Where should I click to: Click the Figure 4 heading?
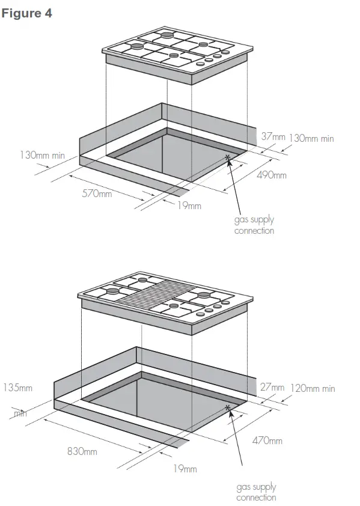pyautogui.click(x=27, y=13)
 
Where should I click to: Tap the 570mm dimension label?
pyautogui.click(x=97, y=194)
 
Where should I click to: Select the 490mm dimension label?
pyautogui.click(x=272, y=175)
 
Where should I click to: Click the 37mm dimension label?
pyautogui.click(x=273, y=137)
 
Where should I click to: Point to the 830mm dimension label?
pyautogui.click(x=82, y=451)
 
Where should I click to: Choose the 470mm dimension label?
pyautogui.click(x=267, y=441)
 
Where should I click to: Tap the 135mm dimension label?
pyautogui.click(x=18, y=388)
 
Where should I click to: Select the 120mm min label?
pyautogui.click(x=313, y=388)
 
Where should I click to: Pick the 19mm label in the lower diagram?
pyautogui.click(x=185, y=469)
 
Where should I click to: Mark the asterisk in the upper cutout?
pyautogui.click(x=228, y=158)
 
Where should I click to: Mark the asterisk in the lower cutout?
pyautogui.click(x=228, y=409)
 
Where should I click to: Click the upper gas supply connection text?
pyautogui.click(x=254, y=225)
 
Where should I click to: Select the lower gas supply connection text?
pyautogui.click(x=256, y=492)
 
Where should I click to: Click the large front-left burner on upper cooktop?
pyautogui.click(x=138, y=46)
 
